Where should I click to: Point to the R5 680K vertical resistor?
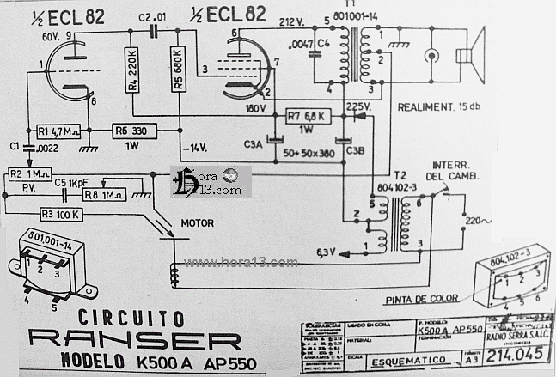(x=178, y=71)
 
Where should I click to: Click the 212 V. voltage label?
(x=291, y=21)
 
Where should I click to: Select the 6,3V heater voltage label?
(x=327, y=252)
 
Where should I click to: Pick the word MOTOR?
(x=197, y=222)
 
